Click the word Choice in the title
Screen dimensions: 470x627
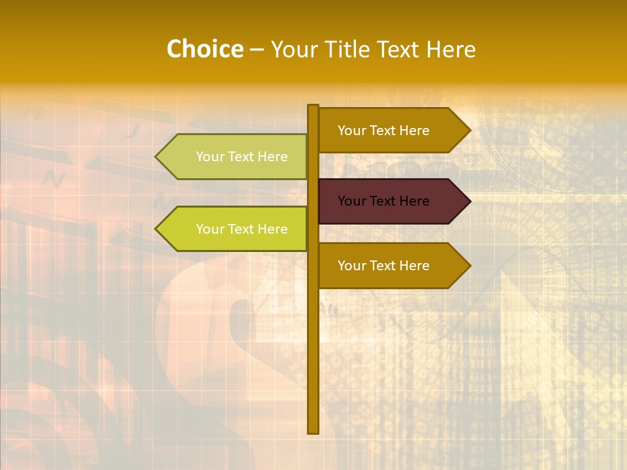pyautogui.click(x=204, y=50)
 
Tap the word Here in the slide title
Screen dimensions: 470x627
pyautogui.click(x=451, y=50)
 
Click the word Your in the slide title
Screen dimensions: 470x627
pyautogui.click(x=293, y=50)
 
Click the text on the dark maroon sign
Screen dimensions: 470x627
pyautogui.click(x=383, y=201)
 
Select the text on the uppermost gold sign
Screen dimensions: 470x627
pyautogui.click(x=383, y=131)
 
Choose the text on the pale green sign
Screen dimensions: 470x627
pyautogui.click(x=242, y=157)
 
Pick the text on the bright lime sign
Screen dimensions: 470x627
pyautogui.click(x=242, y=229)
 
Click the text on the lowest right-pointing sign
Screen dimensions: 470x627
pyautogui.click(x=383, y=266)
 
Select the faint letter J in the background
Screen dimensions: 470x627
pyautogui.click(x=133, y=131)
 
